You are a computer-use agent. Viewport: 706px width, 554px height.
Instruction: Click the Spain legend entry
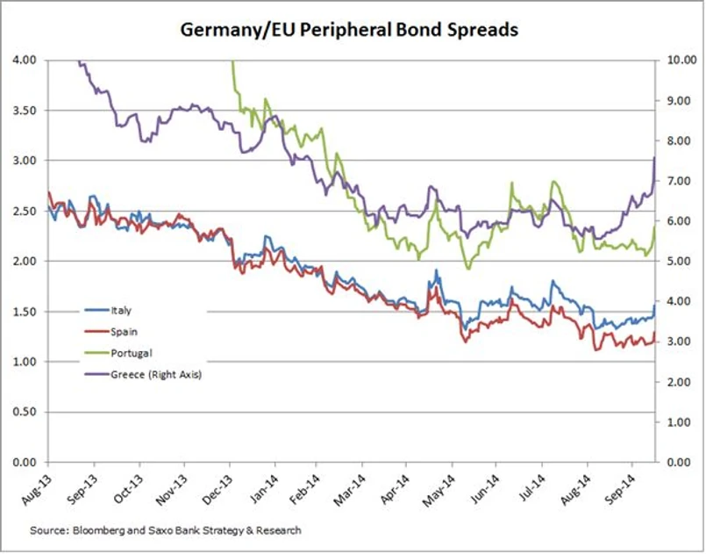pos(124,331)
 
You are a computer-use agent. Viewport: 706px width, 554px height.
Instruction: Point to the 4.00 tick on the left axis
pos(25,60)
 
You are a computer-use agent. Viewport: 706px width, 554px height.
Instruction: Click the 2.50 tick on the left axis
pos(25,211)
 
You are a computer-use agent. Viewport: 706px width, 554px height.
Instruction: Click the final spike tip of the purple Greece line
pos(655,157)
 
